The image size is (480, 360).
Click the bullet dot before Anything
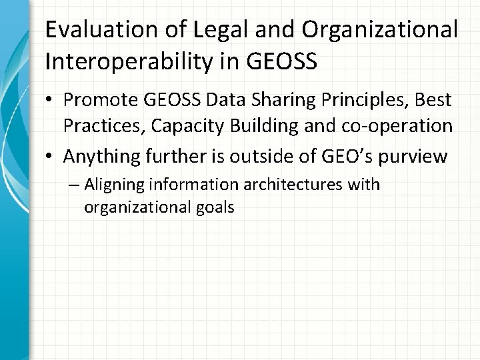click(51, 157)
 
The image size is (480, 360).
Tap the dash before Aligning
click(73, 185)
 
